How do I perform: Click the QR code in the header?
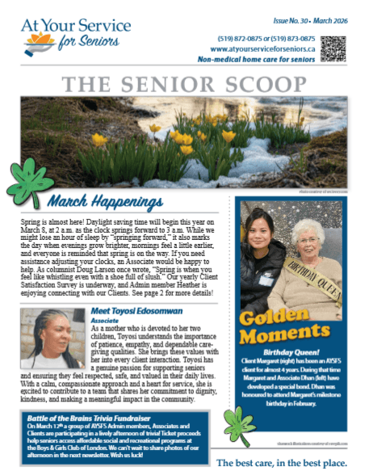click(334, 47)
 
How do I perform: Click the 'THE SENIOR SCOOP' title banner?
click(182, 83)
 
